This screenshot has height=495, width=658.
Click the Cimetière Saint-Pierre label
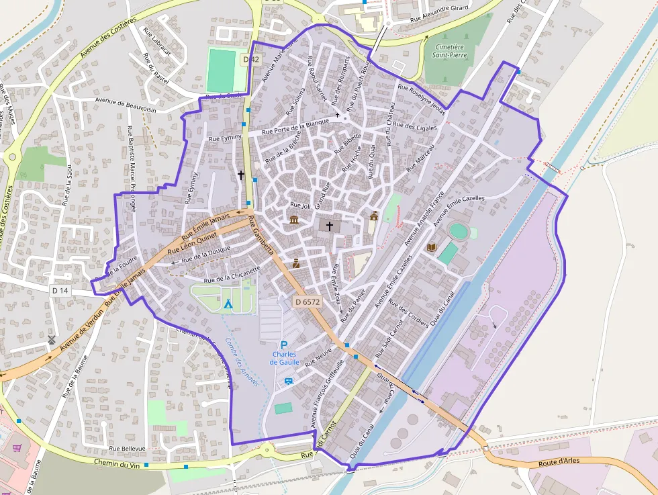(x=449, y=52)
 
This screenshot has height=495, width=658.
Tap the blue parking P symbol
(x=284, y=345)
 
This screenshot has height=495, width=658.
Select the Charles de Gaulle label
(x=284, y=358)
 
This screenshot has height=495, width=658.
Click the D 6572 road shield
(x=308, y=302)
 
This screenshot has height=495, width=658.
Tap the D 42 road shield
(x=251, y=59)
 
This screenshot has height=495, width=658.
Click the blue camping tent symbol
(x=228, y=304)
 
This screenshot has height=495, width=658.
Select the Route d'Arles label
(x=559, y=462)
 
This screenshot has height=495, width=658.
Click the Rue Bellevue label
(x=127, y=448)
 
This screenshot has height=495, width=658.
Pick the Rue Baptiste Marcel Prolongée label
(x=132, y=169)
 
